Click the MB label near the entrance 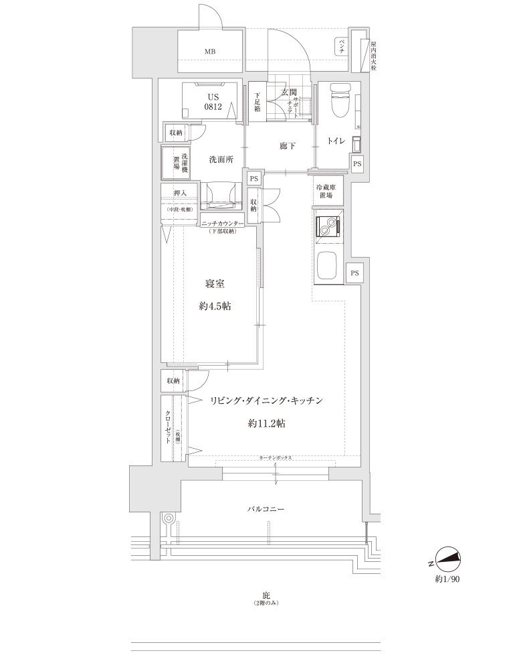click(x=210, y=52)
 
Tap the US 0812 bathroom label click(x=213, y=101)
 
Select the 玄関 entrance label click(x=288, y=92)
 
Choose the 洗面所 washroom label click(x=220, y=159)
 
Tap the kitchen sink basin click(x=328, y=267)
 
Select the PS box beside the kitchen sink click(x=355, y=273)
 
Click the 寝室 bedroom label click(x=214, y=283)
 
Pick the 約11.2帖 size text click(x=267, y=423)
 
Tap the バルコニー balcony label click(x=266, y=510)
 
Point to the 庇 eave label click(x=266, y=595)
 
